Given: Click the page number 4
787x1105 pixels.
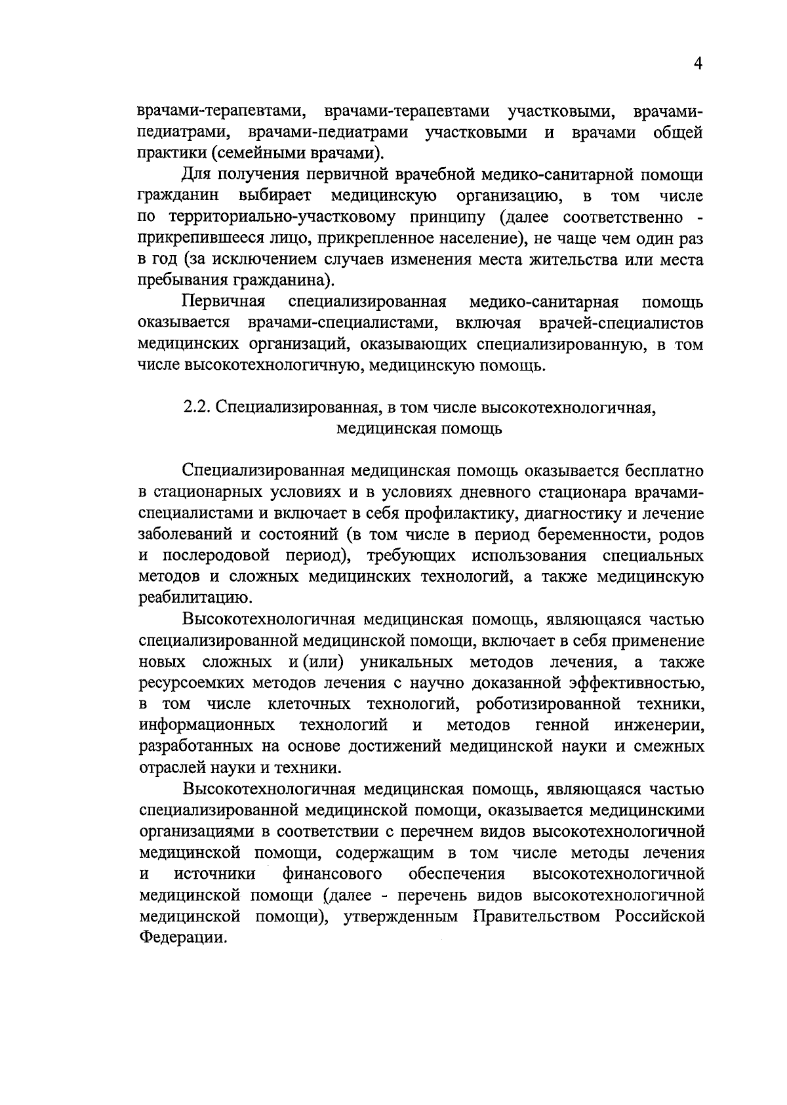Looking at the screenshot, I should coord(698,64).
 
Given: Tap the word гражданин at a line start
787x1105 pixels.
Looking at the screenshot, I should coord(178,196).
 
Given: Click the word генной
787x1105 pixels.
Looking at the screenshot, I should coord(561,725).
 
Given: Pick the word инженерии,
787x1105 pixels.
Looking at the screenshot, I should coord(659,725).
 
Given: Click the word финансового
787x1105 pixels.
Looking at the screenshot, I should coord(333,874).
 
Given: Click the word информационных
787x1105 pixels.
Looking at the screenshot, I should coord(207,725).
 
